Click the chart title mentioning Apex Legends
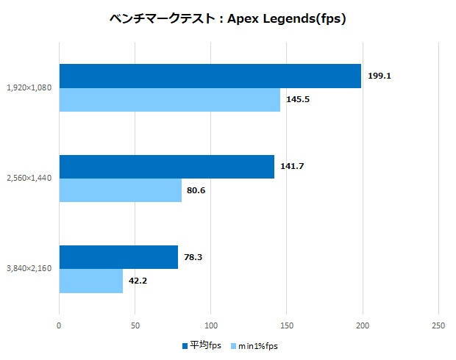coord(228,19)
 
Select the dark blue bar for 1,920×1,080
coord(210,76)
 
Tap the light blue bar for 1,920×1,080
coord(170,100)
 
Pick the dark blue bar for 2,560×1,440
coord(167,167)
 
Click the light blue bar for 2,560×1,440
coord(121,190)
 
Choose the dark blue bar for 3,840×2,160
coord(118,257)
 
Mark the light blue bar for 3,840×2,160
coord(91,281)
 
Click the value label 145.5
coord(298,99)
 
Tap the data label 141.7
coord(292,166)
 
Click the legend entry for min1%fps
coord(254,345)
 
